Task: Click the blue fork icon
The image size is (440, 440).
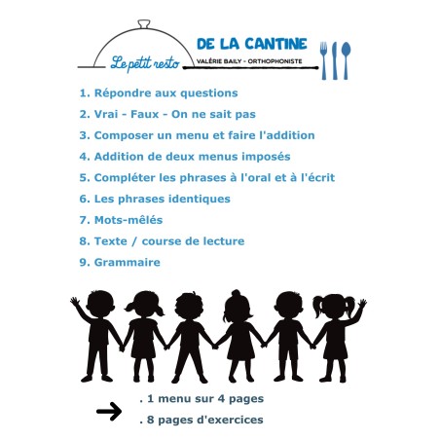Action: [x=324, y=60]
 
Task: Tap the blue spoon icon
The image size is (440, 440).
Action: [x=347, y=60]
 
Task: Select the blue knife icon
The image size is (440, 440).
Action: [x=335, y=60]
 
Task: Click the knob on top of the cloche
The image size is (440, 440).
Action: [x=144, y=24]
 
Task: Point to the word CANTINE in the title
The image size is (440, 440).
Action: [x=275, y=44]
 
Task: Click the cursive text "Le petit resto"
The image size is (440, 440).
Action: [x=145, y=62]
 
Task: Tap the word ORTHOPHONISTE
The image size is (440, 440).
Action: [x=275, y=61]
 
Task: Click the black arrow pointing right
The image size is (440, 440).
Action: [x=109, y=411]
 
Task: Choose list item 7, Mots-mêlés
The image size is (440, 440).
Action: [x=121, y=220]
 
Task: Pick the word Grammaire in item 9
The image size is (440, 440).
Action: [x=128, y=262]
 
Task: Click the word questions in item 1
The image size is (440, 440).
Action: [x=209, y=93]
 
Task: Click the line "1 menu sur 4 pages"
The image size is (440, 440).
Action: [x=202, y=399]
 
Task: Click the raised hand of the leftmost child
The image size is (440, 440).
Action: [x=75, y=302]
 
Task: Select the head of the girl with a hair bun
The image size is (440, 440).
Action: [x=238, y=305]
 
